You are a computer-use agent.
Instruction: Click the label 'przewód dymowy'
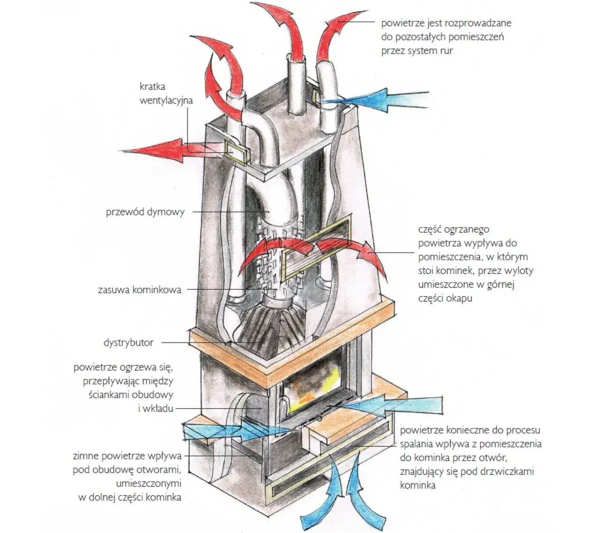coord(145,212)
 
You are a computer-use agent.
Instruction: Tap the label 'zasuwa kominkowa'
coord(139,289)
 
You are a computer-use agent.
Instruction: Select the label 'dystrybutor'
coord(128,343)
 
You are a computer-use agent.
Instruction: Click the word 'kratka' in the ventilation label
coord(152,87)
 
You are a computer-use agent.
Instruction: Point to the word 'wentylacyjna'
coord(166,100)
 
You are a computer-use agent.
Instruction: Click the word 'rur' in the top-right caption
coord(446,51)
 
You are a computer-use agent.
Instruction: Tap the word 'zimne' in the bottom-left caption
coord(87,456)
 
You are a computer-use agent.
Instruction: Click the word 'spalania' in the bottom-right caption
coord(416,444)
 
